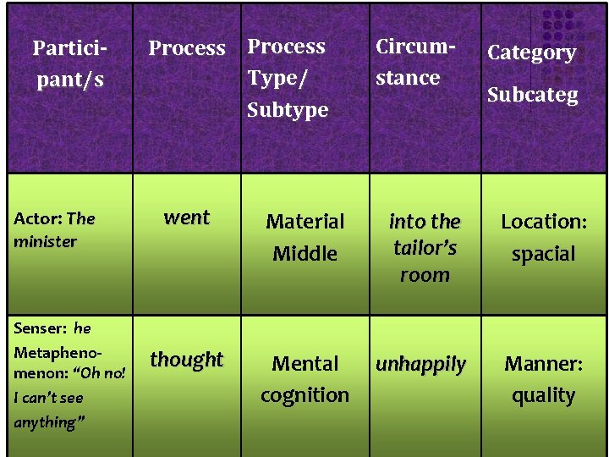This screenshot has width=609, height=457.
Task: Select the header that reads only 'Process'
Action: (187, 48)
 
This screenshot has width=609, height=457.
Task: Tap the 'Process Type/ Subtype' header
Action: (287, 78)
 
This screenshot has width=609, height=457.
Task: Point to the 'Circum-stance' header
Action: (408, 62)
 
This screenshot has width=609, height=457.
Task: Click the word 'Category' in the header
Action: (532, 52)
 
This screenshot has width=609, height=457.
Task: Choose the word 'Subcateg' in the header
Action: (532, 95)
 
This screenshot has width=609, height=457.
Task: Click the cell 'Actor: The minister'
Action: (54, 229)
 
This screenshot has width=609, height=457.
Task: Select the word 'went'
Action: (186, 217)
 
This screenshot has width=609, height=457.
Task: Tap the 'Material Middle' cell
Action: (304, 237)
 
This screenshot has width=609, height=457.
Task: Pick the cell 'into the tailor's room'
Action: (425, 247)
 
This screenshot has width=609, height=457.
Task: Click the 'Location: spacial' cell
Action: (543, 237)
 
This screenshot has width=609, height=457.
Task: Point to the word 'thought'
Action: (186, 360)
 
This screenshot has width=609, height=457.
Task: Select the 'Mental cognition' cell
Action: (304, 379)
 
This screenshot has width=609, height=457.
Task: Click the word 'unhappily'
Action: (420, 365)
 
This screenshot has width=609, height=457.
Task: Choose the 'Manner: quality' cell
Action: (543, 379)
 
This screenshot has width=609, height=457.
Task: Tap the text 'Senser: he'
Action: (52, 328)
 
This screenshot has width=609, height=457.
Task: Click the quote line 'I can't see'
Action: (48, 398)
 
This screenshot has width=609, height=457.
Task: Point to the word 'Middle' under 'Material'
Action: (304, 253)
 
